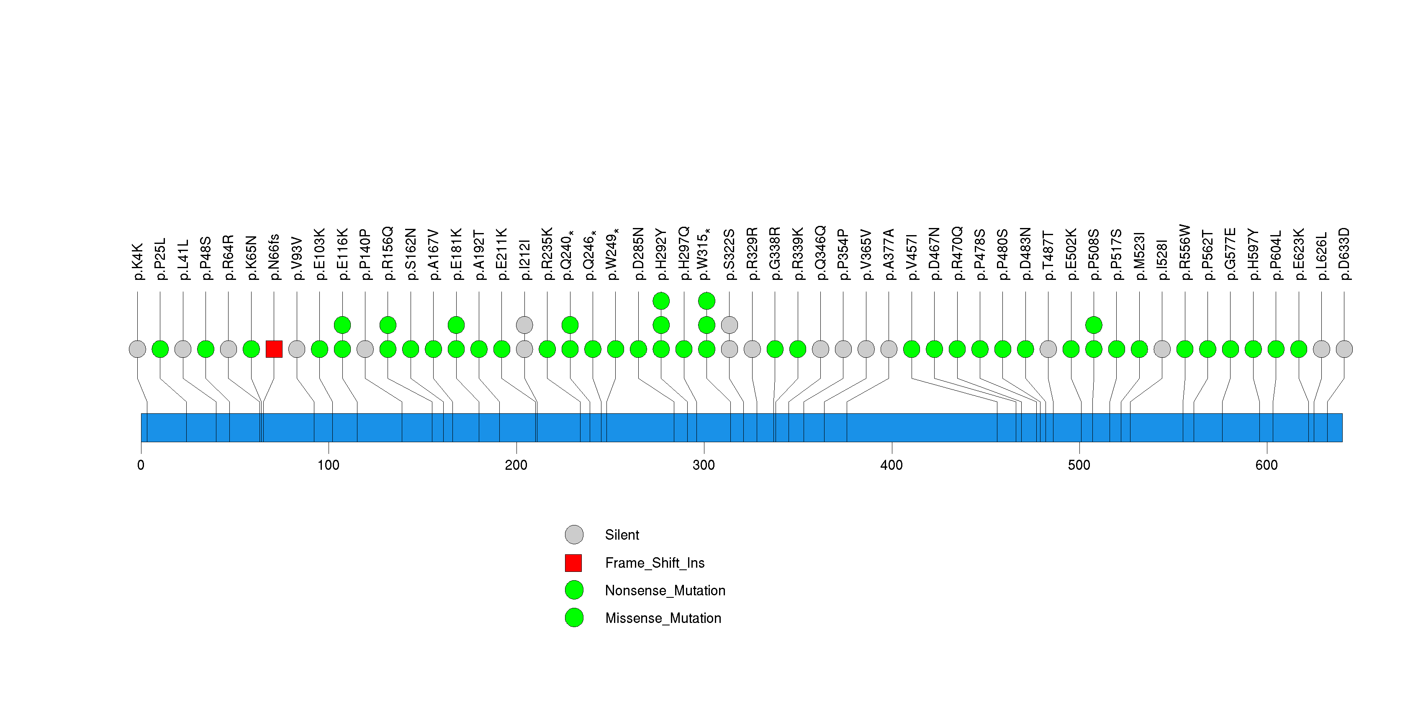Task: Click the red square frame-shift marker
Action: point(274,349)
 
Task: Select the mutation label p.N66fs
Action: point(274,257)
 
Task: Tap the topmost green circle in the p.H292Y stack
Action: point(661,301)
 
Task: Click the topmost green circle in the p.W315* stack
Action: point(706,301)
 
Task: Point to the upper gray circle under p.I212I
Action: point(524,325)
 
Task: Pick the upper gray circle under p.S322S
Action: point(729,325)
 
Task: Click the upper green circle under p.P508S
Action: point(1093,325)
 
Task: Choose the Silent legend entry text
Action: point(622,535)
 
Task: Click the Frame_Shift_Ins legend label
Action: point(654,563)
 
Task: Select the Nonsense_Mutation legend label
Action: point(665,590)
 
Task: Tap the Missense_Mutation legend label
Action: point(663,618)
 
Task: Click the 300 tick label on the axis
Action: point(703,465)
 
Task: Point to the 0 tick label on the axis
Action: point(141,465)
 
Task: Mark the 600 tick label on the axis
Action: point(1266,465)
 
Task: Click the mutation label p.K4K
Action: point(137,261)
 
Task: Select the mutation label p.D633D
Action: point(1344,254)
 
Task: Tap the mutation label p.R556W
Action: point(1185,252)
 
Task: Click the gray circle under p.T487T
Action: point(1048,349)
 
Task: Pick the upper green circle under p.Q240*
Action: point(570,325)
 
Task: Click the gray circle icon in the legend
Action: point(574,535)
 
